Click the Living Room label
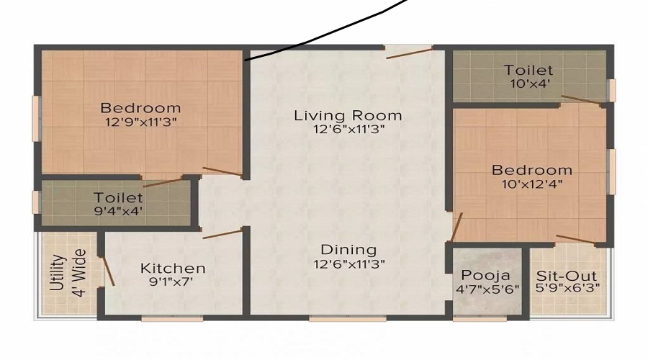pos(348,115)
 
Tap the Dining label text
pos(348,250)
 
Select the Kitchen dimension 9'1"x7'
pos(173,282)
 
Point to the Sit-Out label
pos(567,276)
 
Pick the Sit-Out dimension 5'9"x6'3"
pos(568,288)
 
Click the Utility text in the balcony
pos(60,272)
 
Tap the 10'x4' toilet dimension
pos(530,84)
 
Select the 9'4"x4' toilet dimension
pos(119,211)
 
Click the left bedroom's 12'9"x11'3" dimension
pos(141,122)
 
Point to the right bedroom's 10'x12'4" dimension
pos(532,184)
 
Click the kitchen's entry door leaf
pos(222,234)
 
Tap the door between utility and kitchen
pos(108,271)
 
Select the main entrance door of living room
pos(410,53)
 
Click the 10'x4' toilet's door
pos(581,99)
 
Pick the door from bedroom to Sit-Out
pos(576,239)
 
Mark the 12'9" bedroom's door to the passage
pos(222,171)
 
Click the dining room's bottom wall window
pos(348,319)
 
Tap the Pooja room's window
pos(480,319)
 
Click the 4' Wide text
pos(80,272)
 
